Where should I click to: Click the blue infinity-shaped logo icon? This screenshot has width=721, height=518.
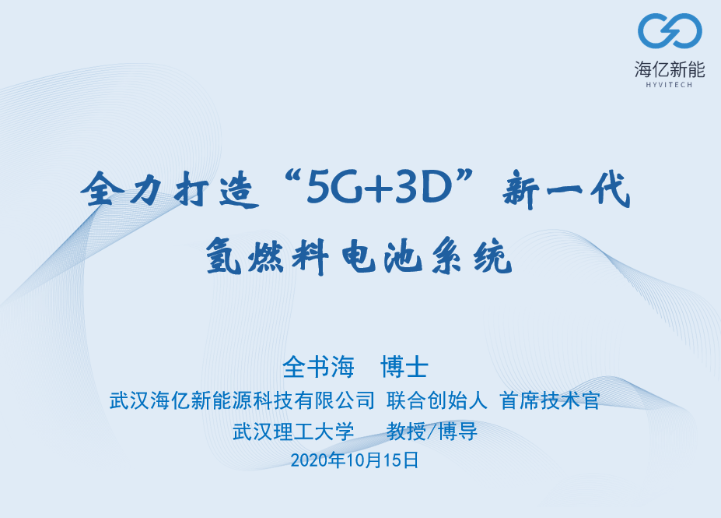(x=670, y=30)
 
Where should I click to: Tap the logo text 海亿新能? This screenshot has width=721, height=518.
(x=670, y=69)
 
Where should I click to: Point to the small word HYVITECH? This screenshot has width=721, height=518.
(x=669, y=85)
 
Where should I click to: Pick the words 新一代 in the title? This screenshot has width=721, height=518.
(x=566, y=190)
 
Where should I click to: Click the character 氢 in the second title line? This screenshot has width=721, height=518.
(x=224, y=256)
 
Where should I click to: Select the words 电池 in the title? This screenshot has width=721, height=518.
(x=382, y=256)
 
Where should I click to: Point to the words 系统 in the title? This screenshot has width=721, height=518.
(x=472, y=256)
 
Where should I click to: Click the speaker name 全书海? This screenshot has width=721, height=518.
(x=319, y=367)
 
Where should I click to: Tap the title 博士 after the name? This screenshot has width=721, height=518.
(x=404, y=367)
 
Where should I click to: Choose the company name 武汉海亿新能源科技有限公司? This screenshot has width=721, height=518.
(x=242, y=400)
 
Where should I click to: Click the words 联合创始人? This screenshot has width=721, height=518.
(x=437, y=400)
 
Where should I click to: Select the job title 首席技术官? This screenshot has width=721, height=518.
(x=550, y=400)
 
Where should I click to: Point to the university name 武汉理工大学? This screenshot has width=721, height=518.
(x=293, y=432)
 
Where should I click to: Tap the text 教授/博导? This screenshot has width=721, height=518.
(x=432, y=432)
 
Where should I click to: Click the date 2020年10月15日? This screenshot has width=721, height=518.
(x=355, y=460)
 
